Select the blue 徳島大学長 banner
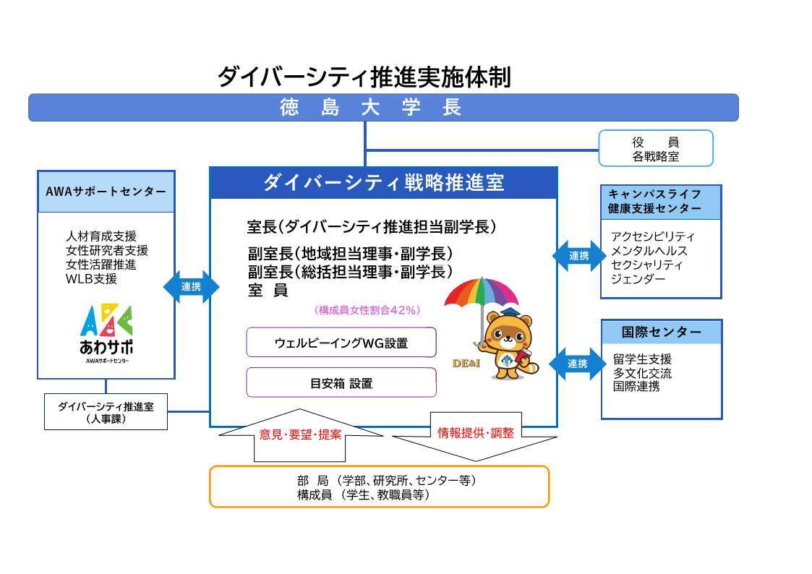point(383,108)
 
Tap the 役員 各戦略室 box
point(655,149)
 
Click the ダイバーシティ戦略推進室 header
point(383,183)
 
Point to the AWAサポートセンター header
point(106,192)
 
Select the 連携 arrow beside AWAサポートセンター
point(192,287)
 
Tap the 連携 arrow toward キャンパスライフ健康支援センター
point(579,255)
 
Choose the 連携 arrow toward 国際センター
point(576,364)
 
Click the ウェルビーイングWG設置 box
point(341,343)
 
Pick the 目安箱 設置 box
point(341,383)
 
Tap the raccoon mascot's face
point(510,334)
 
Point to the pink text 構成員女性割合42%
point(367,310)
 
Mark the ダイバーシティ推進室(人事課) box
point(106,412)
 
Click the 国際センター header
point(661,332)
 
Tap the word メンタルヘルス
point(649,251)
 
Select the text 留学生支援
point(642,359)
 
